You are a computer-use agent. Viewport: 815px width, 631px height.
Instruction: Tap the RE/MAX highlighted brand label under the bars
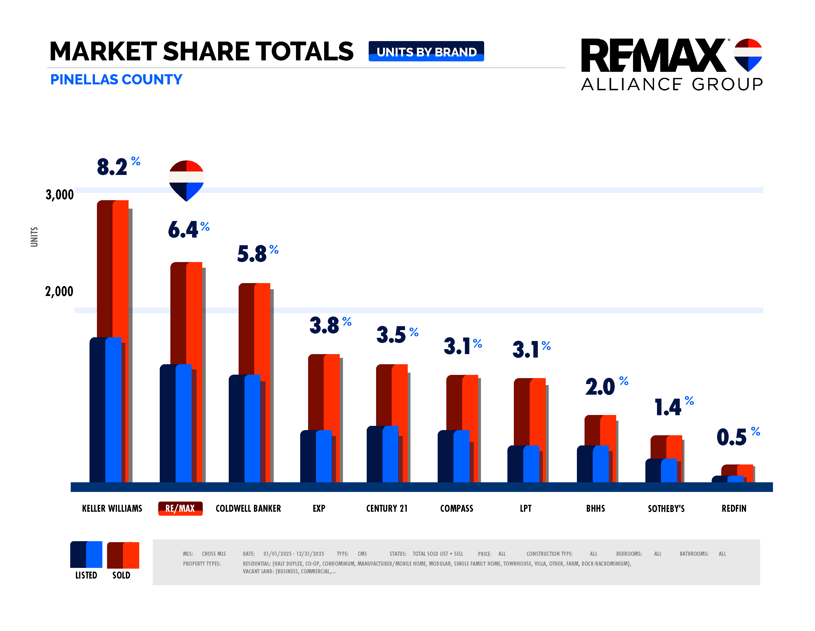tap(180, 508)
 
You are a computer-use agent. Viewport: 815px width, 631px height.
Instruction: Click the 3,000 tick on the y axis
tap(59, 194)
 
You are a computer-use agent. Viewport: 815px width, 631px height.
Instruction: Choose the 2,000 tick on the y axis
tap(59, 291)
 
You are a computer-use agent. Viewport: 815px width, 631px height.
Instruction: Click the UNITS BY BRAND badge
tap(426, 51)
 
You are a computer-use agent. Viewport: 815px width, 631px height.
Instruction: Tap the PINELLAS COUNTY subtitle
tap(116, 79)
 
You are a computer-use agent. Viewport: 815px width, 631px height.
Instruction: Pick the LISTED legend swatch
tap(86, 555)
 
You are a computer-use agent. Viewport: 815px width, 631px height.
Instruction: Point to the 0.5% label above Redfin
tap(737, 437)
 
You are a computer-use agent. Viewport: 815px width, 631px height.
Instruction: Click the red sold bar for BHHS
tap(608, 429)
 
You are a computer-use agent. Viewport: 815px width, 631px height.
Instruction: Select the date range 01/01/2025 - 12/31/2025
tap(294, 554)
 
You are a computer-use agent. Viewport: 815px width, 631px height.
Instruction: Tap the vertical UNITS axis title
tap(34, 237)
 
